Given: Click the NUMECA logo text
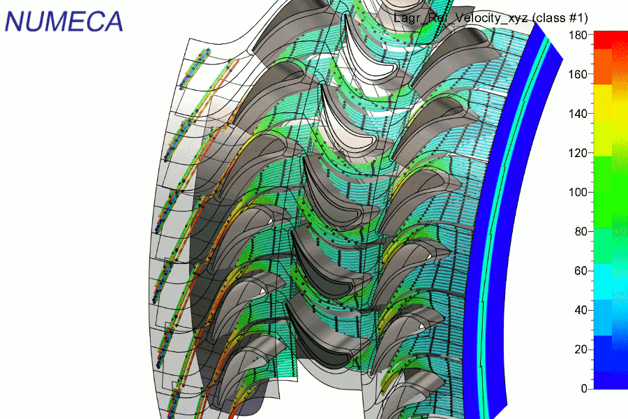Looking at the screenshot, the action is coord(63,21).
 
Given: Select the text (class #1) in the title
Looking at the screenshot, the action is coord(560,18).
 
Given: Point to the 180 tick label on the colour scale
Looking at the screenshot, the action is coord(578,35).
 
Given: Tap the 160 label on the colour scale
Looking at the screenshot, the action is coord(578,74).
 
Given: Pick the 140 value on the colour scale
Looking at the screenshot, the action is coord(578,113).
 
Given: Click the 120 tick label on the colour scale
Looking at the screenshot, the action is coord(578,153).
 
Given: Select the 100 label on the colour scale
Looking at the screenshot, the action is coord(578,192).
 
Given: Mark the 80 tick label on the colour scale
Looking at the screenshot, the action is coord(581,231).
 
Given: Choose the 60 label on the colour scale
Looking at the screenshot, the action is coord(581,271).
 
